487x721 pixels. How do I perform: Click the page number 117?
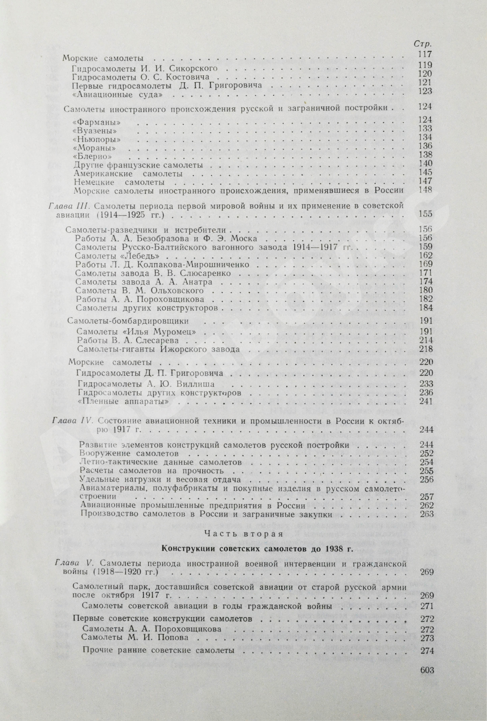pyautogui.click(x=425, y=55)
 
